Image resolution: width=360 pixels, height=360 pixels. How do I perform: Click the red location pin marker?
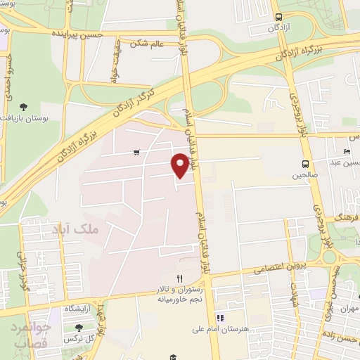click(181, 165)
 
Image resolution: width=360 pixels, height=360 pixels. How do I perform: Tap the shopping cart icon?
click(136, 152)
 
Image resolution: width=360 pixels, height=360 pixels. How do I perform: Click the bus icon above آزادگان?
click(279, 17)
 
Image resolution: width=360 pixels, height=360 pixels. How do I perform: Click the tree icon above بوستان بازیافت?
click(24, 108)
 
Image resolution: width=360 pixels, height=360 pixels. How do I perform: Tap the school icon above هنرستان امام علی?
click(220, 318)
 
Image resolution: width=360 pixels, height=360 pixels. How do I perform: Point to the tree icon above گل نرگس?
click(77, 327)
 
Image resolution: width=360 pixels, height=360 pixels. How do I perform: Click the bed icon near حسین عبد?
click(346, 152)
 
